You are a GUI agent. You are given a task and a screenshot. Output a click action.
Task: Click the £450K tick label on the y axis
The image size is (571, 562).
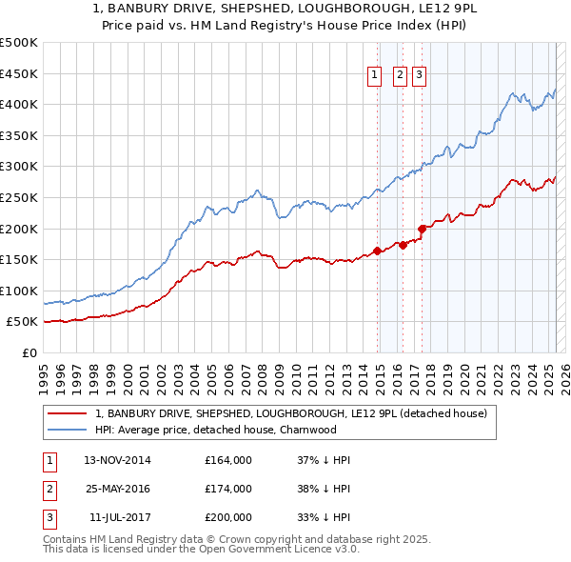(x=19, y=73)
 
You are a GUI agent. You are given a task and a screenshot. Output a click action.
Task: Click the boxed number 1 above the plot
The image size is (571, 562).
(x=374, y=77)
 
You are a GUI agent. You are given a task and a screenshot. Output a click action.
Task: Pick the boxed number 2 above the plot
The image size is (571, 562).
(x=399, y=77)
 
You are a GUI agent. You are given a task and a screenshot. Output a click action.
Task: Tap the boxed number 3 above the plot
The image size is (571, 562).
(x=419, y=77)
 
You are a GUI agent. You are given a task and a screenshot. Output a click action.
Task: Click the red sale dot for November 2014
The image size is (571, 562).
(x=378, y=251)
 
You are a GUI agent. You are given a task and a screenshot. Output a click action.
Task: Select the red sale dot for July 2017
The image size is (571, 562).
(x=422, y=229)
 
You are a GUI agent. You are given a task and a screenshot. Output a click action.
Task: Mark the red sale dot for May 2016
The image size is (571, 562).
(x=403, y=245)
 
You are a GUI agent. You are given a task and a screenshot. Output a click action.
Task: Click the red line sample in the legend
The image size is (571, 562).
(x=68, y=414)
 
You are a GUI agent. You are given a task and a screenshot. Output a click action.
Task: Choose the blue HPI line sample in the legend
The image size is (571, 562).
(x=68, y=431)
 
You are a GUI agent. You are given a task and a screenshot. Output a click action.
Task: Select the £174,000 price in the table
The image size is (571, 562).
(x=228, y=489)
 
